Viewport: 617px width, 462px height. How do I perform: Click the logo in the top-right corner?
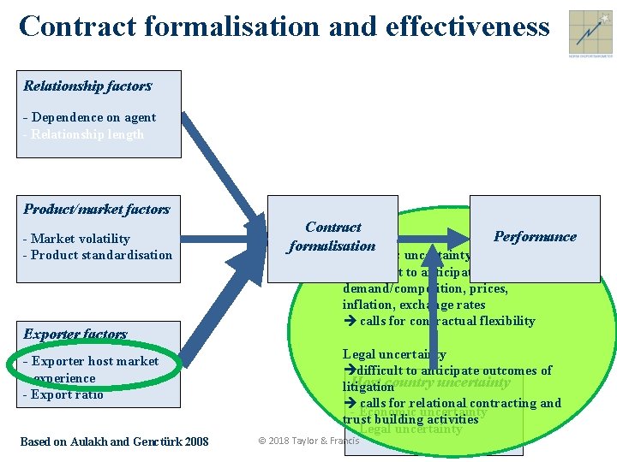[589, 33]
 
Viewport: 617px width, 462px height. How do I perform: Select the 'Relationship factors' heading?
[87, 86]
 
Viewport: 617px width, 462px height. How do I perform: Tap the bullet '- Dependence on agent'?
[89, 117]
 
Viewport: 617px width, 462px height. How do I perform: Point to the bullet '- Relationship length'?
[83, 134]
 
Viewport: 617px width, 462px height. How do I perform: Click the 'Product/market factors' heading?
[97, 209]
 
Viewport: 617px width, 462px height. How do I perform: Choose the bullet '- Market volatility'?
[76, 239]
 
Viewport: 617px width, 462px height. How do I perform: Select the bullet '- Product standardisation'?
[97, 255]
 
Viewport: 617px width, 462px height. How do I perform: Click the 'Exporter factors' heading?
[75, 334]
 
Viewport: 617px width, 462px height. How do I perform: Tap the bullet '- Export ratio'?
[63, 394]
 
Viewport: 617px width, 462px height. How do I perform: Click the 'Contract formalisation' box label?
[332, 236]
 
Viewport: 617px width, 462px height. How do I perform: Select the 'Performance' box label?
[535, 236]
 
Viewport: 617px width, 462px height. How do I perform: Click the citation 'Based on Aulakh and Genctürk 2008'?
[114, 441]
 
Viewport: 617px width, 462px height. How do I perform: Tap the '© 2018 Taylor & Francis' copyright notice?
[308, 441]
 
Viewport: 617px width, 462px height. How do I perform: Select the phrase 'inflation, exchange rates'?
[414, 305]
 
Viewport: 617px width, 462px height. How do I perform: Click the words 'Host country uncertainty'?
[431, 382]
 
